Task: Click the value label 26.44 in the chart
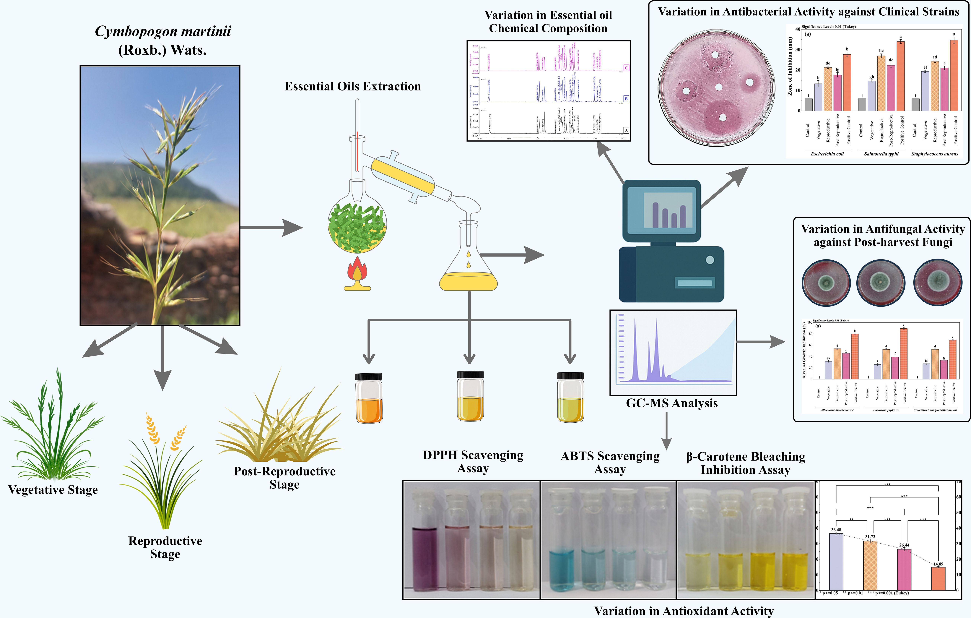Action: click(x=904, y=545)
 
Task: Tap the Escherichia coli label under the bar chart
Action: click(x=827, y=154)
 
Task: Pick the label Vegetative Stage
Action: click(x=53, y=490)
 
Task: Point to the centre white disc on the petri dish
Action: click(x=719, y=87)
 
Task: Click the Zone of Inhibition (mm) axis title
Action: click(x=790, y=66)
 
